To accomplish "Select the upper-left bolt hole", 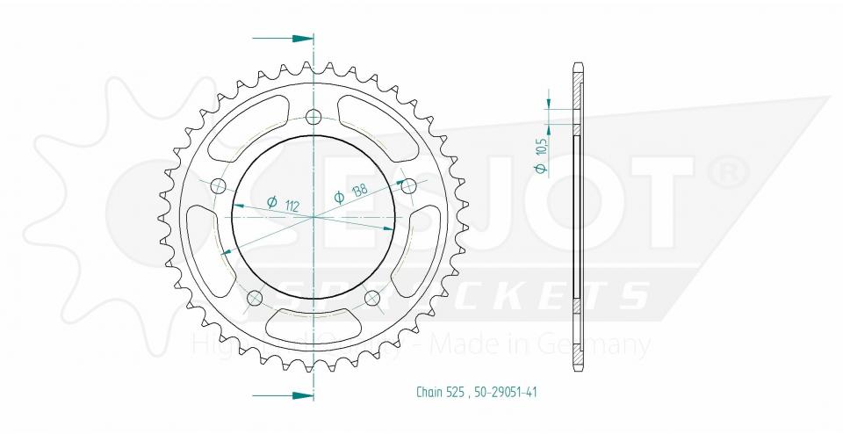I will point(218,185).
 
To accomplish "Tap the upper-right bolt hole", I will point(407,185).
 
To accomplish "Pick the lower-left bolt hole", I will point(256,297).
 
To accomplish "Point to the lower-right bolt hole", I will point(371,297).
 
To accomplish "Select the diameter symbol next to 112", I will point(271,203).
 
